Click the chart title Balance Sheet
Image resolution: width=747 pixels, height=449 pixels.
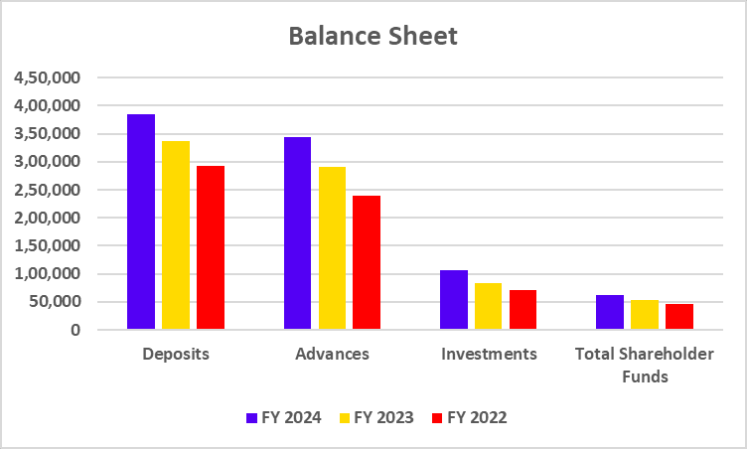tap(373, 37)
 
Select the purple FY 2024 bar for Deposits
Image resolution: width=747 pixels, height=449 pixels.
tap(141, 222)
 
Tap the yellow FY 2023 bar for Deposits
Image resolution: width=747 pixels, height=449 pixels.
tap(176, 234)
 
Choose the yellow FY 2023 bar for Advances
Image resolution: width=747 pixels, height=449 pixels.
tap(332, 247)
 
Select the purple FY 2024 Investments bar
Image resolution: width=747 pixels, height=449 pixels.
tap(454, 299)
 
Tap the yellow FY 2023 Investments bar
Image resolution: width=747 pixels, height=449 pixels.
tap(488, 306)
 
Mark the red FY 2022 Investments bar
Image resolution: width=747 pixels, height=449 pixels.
tap(523, 309)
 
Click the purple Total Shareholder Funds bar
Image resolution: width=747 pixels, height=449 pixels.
tap(610, 312)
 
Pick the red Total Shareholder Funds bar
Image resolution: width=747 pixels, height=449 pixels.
tap(679, 317)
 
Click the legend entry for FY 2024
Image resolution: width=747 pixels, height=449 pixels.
tap(284, 418)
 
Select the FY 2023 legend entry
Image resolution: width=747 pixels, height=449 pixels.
tap(376, 418)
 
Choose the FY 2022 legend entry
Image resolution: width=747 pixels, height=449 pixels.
tap(470, 418)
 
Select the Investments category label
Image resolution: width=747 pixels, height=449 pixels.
tap(488, 354)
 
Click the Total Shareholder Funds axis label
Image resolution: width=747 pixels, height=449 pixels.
tap(645, 365)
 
